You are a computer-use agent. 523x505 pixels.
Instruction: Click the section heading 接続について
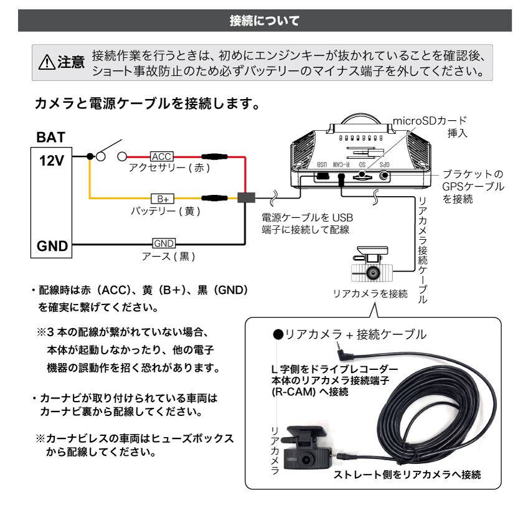tap(263, 21)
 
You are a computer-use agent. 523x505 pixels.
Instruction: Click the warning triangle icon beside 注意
tap(47, 62)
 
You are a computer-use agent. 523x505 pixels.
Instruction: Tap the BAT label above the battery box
tap(50, 136)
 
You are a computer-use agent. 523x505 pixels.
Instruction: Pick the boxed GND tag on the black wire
tap(164, 243)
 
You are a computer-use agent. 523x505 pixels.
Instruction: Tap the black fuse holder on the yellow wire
tap(214, 199)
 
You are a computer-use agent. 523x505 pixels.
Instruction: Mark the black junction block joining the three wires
tap(247, 198)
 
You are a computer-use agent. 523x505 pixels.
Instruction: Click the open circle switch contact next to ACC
tap(123, 156)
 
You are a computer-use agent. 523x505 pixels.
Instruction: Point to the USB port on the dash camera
tap(322, 176)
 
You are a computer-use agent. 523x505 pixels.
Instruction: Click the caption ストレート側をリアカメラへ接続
tap(407, 475)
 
